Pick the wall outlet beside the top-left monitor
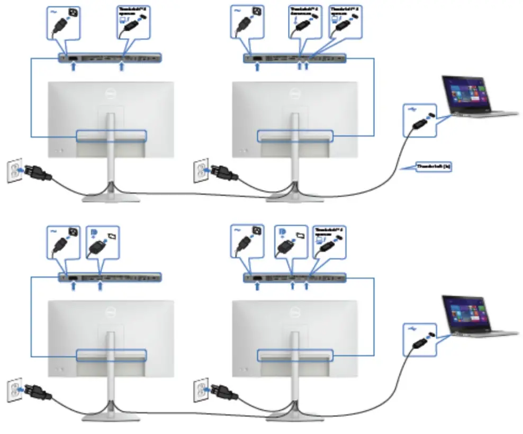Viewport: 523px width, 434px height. (x=14, y=169)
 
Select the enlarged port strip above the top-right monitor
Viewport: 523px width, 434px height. (x=296, y=58)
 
